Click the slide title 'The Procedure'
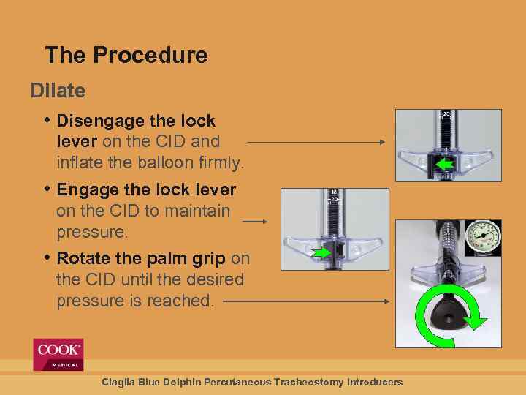pos(126,55)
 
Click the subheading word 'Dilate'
pos(58,91)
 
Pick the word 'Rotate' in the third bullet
pos(83,258)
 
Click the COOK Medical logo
pos(58,355)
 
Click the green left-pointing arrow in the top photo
pos(444,165)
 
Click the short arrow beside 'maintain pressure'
pos(255,221)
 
